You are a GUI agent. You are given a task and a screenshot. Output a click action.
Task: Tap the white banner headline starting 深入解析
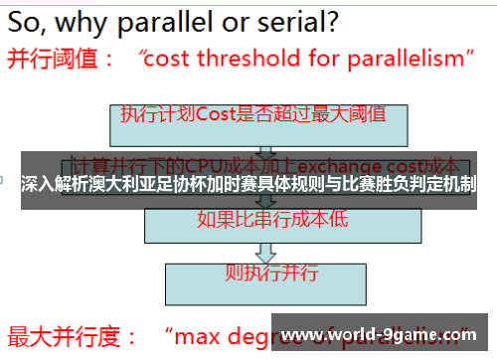point(248,184)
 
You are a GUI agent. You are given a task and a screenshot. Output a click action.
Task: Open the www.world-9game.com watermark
point(384,334)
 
